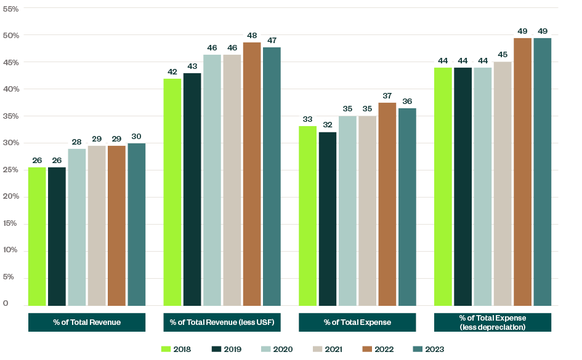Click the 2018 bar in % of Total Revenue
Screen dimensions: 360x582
click(x=37, y=237)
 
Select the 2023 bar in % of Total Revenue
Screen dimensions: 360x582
click(x=136, y=225)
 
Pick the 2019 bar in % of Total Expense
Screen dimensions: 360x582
click(x=328, y=219)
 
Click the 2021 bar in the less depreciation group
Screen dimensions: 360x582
click(x=503, y=184)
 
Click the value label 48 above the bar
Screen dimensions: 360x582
click(x=252, y=36)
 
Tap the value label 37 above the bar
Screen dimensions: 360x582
click(x=387, y=96)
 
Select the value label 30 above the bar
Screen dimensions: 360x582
click(x=136, y=137)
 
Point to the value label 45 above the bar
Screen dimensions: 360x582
click(x=503, y=55)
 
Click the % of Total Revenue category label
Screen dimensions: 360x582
click(x=87, y=322)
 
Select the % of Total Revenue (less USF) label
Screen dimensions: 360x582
click(x=222, y=322)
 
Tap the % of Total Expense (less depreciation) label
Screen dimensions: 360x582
click(x=493, y=322)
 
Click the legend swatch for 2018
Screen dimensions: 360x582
click(x=166, y=350)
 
